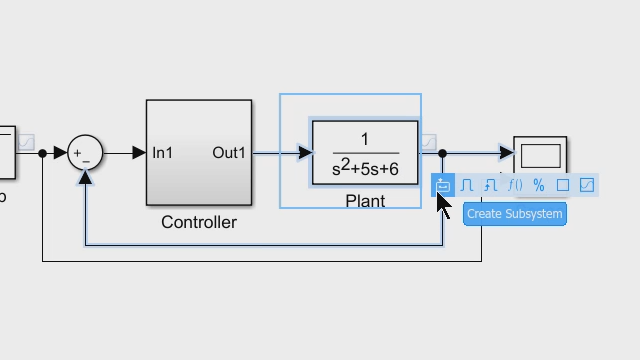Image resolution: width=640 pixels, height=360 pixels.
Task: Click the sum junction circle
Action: click(x=85, y=153)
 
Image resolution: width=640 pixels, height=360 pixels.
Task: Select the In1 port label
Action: click(x=163, y=153)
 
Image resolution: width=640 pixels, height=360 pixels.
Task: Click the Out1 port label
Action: click(x=229, y=153)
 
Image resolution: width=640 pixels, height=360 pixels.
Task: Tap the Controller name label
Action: click(x=199, y=222)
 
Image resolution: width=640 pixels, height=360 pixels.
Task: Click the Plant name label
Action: click(x=365, y=201)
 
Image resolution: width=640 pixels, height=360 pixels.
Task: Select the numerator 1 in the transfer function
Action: click(x=365, y=139)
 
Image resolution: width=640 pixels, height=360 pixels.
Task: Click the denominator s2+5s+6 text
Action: click(x=365, y=169)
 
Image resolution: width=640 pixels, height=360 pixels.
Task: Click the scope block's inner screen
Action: click(x=540, y=156)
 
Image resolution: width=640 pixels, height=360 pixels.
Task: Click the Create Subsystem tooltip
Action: click(x=514, y=213)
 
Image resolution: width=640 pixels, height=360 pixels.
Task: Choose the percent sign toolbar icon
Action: click(x=539, y=185)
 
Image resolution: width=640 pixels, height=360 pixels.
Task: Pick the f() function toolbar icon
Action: click(x=515, y=185)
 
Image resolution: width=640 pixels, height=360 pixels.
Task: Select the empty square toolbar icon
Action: click(x=563, y=185)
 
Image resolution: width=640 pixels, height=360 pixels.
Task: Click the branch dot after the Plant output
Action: click(x=443, y=153)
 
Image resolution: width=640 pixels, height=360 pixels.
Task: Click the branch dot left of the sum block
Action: click(x=42, y=153)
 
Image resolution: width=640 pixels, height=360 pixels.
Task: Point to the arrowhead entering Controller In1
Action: click(x=140, y=153)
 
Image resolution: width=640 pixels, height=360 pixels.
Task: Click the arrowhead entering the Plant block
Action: click(x=305, y=153)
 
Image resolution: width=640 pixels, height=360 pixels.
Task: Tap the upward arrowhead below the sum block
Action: click(x=86, y=177)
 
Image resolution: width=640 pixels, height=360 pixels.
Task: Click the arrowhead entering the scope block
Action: click(x=507, y=153)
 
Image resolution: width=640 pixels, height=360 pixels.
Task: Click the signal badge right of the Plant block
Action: click(x=428, y=142)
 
